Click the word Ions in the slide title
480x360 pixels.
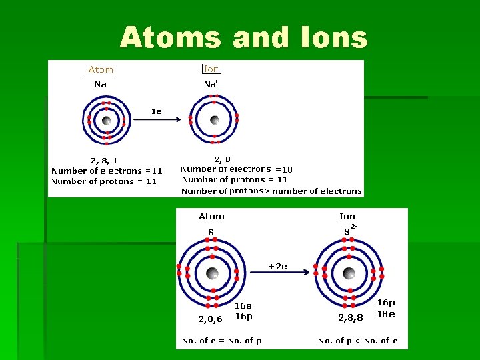(330, 38)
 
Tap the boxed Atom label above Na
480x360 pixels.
(101, 69)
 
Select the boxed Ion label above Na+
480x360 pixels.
(211, 69)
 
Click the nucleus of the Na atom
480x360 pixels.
(106, 121)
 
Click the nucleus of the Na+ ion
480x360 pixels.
(214, 121)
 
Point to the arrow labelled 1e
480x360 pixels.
(156, 120)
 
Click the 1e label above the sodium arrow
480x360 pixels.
(156, 111)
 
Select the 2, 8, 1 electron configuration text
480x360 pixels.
(105, 160)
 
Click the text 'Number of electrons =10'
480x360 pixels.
(237, 169)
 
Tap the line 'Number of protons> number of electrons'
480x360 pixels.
(271, 191)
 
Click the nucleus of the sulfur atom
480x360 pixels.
(213, 273)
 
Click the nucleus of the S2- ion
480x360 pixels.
(349, 273)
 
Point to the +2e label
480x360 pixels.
(277, 267)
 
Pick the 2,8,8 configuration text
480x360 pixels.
(351, 318)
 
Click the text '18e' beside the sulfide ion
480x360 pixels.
(387, 314)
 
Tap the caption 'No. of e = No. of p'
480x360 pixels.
(221, 341)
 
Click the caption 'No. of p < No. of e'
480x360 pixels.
(357, 341)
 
